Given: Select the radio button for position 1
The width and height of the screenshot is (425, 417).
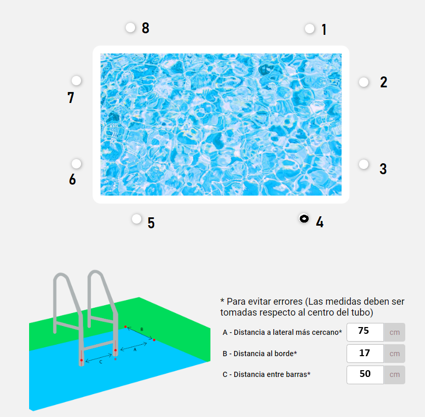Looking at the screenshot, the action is [x=310, y=29].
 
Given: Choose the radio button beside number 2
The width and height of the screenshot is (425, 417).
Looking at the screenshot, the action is [x=364, y=82].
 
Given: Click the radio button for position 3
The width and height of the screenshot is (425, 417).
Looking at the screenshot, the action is [x=364, y=164].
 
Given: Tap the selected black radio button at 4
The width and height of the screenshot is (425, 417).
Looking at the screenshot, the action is [x=304, y=218].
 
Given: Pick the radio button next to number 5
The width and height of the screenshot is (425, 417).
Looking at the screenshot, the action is [x=137, y=219].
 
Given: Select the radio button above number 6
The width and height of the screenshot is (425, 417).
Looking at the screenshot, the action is [x=76, y=164].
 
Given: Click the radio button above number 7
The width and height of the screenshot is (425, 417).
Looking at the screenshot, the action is [x=76, y=81].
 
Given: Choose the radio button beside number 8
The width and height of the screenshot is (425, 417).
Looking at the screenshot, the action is [x=130, y=28].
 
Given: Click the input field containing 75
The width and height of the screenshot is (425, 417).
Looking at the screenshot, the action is [x=365, y=332].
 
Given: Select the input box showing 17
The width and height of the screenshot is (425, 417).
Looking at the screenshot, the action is [x=365, y=354].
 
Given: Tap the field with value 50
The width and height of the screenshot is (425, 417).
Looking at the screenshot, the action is [x=365, y=375].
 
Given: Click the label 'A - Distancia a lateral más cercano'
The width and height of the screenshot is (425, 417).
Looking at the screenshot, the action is [x=282, y=332].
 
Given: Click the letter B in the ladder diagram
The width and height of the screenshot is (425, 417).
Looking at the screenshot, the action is [x=142, y=329].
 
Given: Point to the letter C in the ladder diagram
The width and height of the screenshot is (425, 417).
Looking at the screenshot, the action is [x=101, y=362].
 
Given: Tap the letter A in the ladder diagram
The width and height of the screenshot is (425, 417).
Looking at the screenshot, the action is [x=135, y=350].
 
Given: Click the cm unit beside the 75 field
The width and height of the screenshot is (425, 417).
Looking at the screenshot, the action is [x=395, y=332].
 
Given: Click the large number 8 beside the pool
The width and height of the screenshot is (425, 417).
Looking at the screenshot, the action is [x=145, y=28].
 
